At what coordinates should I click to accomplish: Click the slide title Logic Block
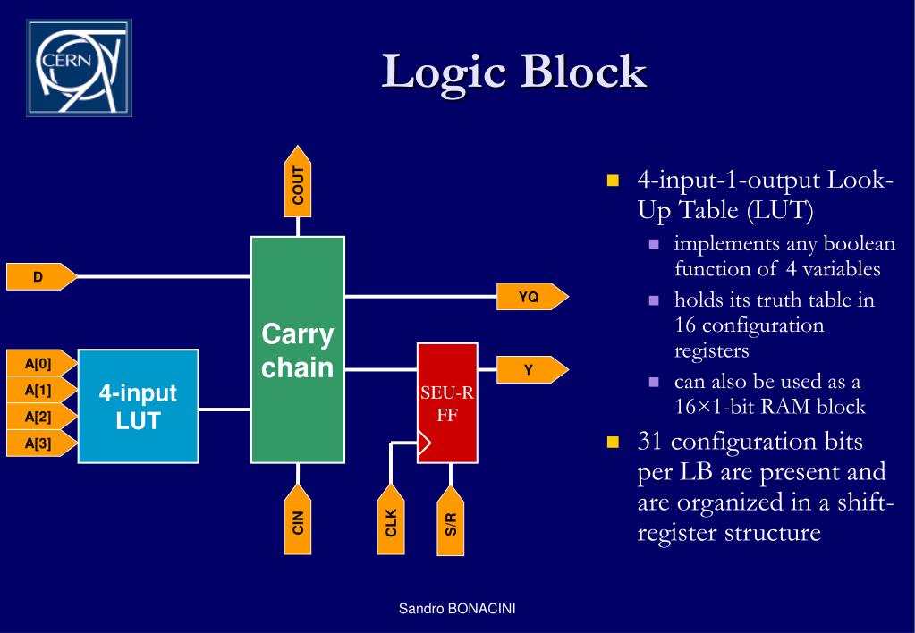[513, 72]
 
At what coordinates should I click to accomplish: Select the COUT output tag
[298, 181]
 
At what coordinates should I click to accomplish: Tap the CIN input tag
[298, 519]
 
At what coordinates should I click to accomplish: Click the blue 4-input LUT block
[138, 406]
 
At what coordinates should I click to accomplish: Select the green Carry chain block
[298, 350]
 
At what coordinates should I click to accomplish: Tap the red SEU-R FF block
[447, 403]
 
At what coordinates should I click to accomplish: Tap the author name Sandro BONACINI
[457, 609]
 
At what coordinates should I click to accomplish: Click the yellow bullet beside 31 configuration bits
[613, 443]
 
